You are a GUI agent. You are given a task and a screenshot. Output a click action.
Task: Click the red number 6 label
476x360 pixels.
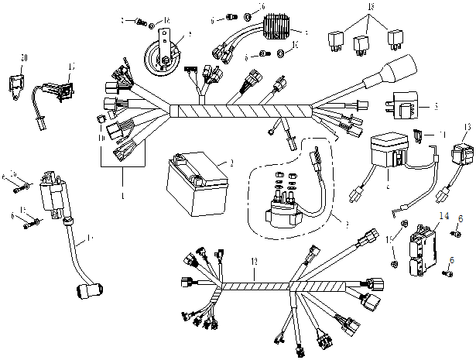coord(461,220)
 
